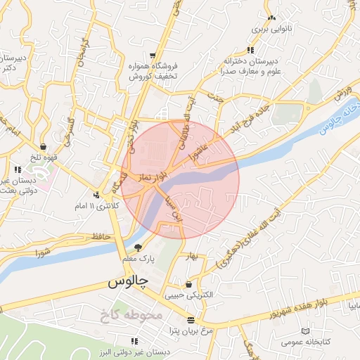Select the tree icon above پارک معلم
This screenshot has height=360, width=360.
tap(138, 247)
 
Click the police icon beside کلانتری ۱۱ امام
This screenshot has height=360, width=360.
tap(96, 195)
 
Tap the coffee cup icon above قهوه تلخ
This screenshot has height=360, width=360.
tap(44, 147)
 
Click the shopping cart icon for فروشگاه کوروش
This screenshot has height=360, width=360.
tap(151, 55)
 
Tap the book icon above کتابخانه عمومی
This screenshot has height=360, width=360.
tap(304, 331)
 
